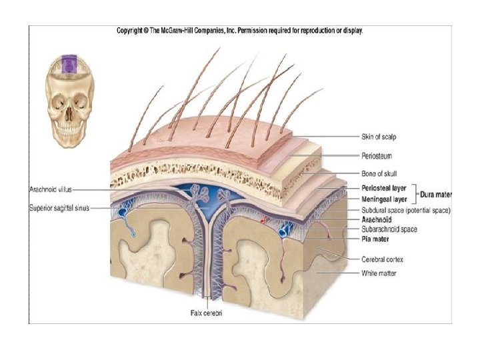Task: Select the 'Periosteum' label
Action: tap(377, 155)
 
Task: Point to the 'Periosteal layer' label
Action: tap(383, 189)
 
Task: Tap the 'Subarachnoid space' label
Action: tap(389, 229)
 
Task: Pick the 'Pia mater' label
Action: tap(376, 238)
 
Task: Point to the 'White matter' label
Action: tap(379, 273)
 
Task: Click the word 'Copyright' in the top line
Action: tap(131, 31)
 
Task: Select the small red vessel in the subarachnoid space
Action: tap(265, 219)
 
